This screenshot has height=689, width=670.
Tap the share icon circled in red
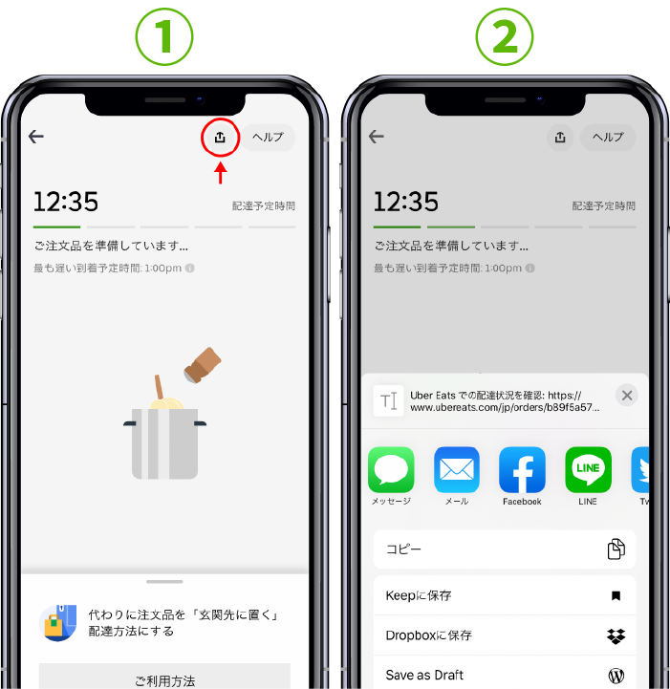(220, 138)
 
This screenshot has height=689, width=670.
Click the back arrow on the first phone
(36, 137)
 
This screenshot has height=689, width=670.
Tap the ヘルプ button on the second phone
(608, 137)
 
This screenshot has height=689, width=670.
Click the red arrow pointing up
(221, 173)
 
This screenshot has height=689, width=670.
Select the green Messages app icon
(391, 470)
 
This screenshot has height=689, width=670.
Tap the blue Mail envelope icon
(457, 470)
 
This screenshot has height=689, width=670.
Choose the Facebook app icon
(523, 470)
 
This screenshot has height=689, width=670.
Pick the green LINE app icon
(588, 470)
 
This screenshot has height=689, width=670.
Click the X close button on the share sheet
(627, 396)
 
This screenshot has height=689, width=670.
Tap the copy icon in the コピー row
(616, 549)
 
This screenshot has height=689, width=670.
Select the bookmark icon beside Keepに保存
(616, 596)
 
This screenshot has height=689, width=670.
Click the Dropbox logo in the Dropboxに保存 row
(616, 635)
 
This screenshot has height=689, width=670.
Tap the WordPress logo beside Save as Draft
(616, 675)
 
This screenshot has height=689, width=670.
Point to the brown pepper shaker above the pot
(202, 365)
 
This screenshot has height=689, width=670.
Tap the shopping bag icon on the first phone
(58, 623)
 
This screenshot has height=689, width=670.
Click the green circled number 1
(164, 37)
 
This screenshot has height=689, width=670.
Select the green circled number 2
(505, 37)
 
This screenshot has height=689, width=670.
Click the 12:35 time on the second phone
(406, 202)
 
